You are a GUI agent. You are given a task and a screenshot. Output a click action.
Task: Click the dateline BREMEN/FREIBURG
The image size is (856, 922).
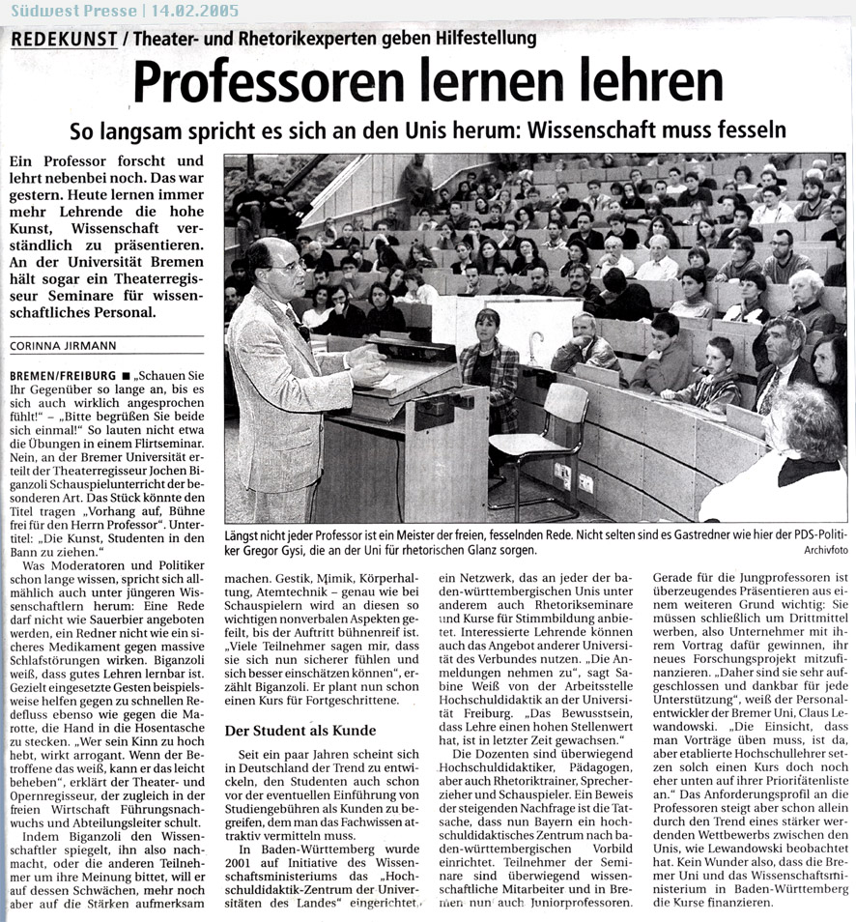[59, 374]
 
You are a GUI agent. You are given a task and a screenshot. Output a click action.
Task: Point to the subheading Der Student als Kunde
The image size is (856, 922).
[300, 731]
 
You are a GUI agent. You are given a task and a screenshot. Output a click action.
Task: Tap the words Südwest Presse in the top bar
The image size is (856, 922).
[61, 12]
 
